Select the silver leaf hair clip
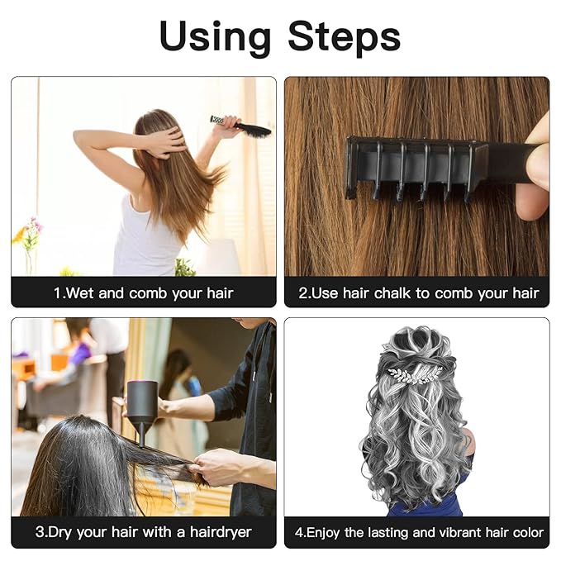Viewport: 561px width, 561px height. [418, 373]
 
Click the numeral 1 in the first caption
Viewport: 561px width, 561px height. [56, 293]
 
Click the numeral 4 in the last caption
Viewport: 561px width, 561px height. [299, 532]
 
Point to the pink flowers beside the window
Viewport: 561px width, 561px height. [31, 232]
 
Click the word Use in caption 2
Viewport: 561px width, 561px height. [325, 293]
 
